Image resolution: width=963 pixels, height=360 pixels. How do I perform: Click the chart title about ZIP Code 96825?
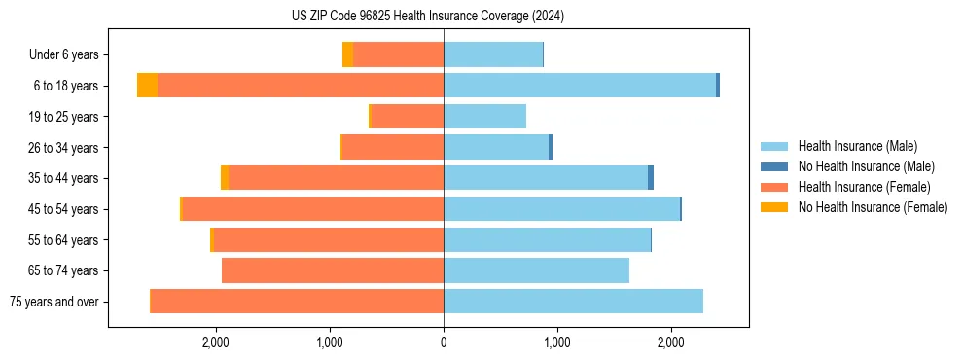pyautogui.click(x=428, y=16)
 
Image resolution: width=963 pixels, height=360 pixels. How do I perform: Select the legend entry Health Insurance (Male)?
pyautogui.click(x=857, y=146)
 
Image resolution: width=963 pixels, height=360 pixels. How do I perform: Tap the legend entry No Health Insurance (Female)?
pyautogui.click(x=873, y=207)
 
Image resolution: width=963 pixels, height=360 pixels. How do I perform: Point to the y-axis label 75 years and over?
pyautogui.click(x=53, y=302)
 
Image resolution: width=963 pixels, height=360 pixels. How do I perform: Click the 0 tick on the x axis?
pyautogui.click(x=444, y=342)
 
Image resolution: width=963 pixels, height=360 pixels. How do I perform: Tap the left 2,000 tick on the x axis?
pyautogui.click(x=215, y=342)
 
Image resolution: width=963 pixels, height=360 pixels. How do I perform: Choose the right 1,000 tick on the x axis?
pyautogui.click(x=557, y=342)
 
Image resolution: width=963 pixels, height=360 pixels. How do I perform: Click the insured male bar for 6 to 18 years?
pyautogui.click(x=580, y=86)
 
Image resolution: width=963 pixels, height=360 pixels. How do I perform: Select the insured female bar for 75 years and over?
pyautogui.click(x=297, y=302)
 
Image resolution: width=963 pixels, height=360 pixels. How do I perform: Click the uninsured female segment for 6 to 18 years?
pyautogui.click(x=147, y=86)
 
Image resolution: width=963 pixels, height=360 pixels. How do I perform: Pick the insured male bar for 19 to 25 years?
pyautogui.click(x=484, y=117)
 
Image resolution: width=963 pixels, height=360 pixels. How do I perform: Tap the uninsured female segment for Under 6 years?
pyautogui.click(x=347, y=55)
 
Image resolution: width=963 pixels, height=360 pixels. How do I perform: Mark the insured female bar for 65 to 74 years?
pyautogui.click(x=333, y=270)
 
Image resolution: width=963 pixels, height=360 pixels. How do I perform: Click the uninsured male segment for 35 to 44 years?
pyautogui.click(x=651, y=178)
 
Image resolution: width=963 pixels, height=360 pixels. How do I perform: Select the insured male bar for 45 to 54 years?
pyautogui.click(x=561, y=209)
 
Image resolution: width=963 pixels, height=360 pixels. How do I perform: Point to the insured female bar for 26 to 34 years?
pyautogui.click(x=393, y=147)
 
